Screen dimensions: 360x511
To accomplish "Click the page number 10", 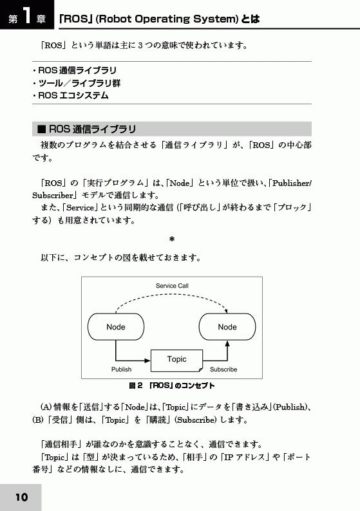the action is [21, 497].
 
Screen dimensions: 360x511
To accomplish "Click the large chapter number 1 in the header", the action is [28, 15].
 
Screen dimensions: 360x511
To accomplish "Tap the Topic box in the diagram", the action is [176, 360].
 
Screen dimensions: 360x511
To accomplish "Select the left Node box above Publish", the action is [116, 327].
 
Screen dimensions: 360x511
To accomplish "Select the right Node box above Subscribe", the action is [227, 327].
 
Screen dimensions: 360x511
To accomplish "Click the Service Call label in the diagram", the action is [172, 286].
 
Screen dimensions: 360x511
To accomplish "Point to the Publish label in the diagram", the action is [121, 369].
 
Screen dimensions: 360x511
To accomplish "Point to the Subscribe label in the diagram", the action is [223, 369].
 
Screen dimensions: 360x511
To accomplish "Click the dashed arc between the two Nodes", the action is [172, 295].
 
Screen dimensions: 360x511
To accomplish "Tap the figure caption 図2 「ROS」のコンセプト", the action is [172, 386].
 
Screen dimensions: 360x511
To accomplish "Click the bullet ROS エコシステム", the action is [70, 95].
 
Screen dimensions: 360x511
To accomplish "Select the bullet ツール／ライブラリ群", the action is [77, 83].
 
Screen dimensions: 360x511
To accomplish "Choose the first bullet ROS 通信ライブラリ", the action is [74, 70].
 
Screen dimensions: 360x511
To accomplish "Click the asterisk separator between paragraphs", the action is [172, 240].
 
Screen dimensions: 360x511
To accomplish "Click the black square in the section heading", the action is [41, 129].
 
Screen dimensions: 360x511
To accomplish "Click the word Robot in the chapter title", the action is [115, 19].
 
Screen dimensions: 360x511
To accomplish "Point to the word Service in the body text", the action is [81, 208].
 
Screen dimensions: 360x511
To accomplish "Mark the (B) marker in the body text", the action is [38, 420].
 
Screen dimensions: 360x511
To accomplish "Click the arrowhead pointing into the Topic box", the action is [147, 360].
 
